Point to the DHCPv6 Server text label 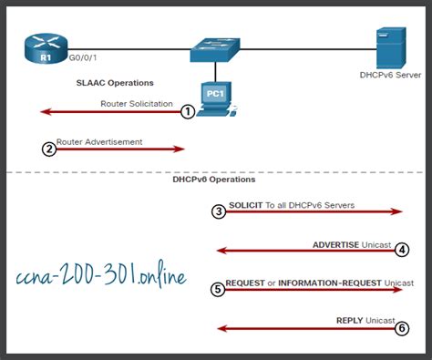click(390, 77)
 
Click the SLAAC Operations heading click(115, 83)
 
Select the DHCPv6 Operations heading click(213, 180)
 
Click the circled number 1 click(188, 111)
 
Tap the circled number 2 click(49, 149)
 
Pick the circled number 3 click(218, 211)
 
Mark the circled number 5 click(218, 289)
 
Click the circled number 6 click(402, 329)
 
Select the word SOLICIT click(246, 205)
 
